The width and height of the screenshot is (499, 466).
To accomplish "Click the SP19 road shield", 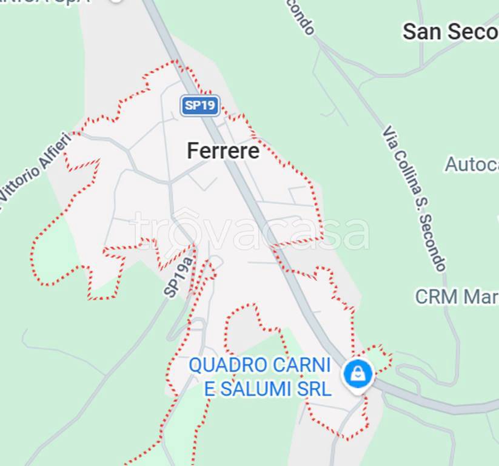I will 200,106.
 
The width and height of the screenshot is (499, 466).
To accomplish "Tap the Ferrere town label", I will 223,150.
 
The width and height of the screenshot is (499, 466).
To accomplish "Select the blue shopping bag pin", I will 358,374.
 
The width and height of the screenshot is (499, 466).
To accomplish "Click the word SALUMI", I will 255,388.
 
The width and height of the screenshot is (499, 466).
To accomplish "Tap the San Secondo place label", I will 450,32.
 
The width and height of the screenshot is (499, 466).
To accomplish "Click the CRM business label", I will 456,297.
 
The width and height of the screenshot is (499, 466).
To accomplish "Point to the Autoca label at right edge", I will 472,164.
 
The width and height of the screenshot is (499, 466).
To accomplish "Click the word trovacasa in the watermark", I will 249,232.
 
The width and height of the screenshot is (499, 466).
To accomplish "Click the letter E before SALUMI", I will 210,388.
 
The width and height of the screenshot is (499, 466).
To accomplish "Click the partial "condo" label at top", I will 301,16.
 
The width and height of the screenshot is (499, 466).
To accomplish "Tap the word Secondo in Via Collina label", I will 435,243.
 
